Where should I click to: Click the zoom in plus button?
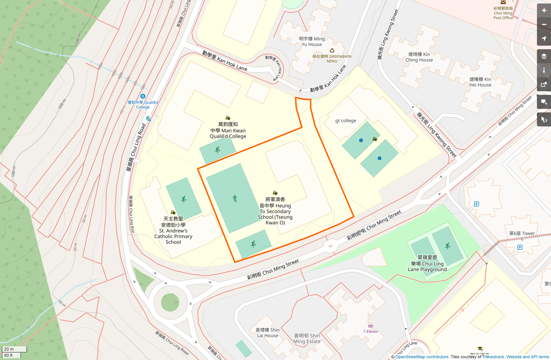pyautogui.click(x=544, y=11)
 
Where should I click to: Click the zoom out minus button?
pyautogui.click(x=544, y=25)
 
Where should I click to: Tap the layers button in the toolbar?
pyautogui.click(x=544, y=56)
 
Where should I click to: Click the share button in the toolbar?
pyautogui.click(x=544, y=84)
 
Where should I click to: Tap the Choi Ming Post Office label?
pyautogui.click(x=503, y=13)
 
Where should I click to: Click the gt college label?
pyautogui.click(x=345, y=121)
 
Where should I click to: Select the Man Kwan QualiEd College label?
pyautogui.click(x=228, y=130)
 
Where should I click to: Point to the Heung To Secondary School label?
pyautogui.click(x=275, y=211)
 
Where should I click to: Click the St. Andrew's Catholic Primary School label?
pyautogui.click(x=173, y=230)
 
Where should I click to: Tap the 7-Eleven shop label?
pyautogui.click(x=370, y=331)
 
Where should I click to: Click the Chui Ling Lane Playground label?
pyautogui.click(x=427, y=263)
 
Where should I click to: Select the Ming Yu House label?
pyautogui.click(x=311, y=42)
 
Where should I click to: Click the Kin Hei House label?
pyautogui.click(x=480, y=82)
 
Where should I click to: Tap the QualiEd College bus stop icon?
pyautogui.click(x=143, y=96)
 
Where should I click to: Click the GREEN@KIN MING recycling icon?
pyautogui.click(x=332, y=51)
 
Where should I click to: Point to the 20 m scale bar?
pyautogui.click(x=14, y=349)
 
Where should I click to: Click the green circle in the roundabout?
pyautogui.click(x=170, y=302)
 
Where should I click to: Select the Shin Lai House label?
pyautogui.click(x=267, y=333)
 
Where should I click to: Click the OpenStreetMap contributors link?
pyautogui.click(x=422, y=357)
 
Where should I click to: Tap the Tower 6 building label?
pyautogui.click(x=522, y=236)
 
